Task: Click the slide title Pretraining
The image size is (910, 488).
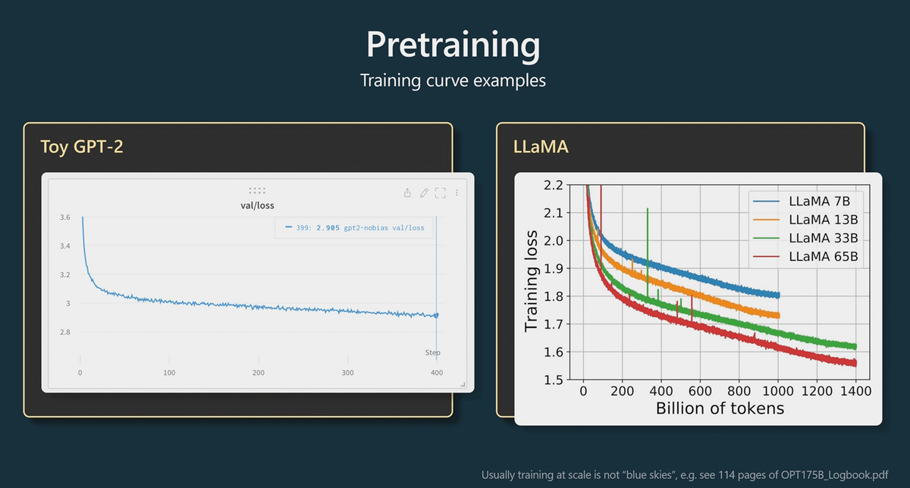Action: (453, 45)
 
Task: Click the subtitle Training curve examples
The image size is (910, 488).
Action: (453, 80)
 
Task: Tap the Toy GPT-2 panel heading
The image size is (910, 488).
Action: (82, 146)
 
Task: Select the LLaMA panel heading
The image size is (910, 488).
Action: (541, 146)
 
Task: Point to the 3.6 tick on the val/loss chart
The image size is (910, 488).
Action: (65, 217)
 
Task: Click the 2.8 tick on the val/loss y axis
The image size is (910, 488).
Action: (65, 333)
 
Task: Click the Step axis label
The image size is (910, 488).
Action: (432, 352)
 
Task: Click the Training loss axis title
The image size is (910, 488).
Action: (532, 280)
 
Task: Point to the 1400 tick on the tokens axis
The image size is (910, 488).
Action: (855, 391)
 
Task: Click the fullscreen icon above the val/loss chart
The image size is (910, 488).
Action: (440, 193)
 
